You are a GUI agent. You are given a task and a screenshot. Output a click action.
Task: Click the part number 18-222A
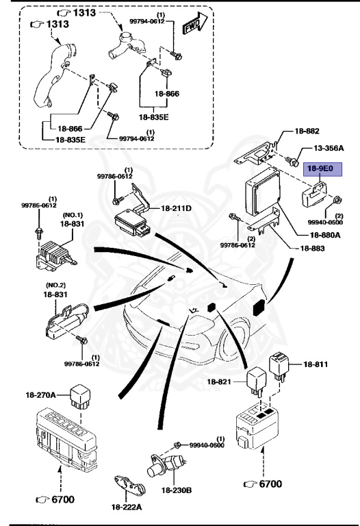click(127, 506)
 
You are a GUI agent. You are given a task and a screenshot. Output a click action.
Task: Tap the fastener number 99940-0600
click(206, 445)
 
